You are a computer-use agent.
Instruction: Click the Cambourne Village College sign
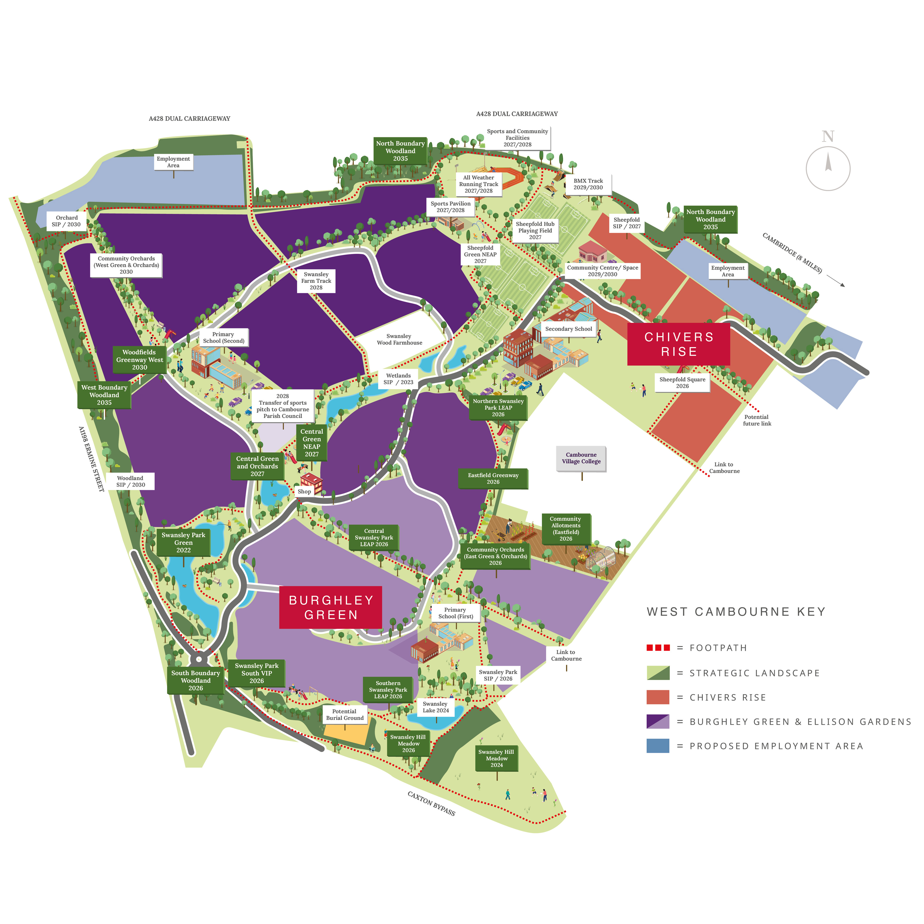click(581, 458)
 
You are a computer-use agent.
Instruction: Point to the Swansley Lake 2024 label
click(436, 707)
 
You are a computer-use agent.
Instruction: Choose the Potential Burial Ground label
click(344, 715)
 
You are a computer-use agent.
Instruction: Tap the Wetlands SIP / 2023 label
click(398, 379)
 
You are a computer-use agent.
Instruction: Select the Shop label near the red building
click(304, 491)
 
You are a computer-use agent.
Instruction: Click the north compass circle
click(828, 168)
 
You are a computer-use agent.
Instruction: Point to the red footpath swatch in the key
click(658, 648)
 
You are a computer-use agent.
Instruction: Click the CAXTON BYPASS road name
click(431, 803)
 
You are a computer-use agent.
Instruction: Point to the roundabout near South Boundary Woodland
click(199, 659)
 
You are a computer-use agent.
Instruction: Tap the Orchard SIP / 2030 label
click(67, 221)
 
